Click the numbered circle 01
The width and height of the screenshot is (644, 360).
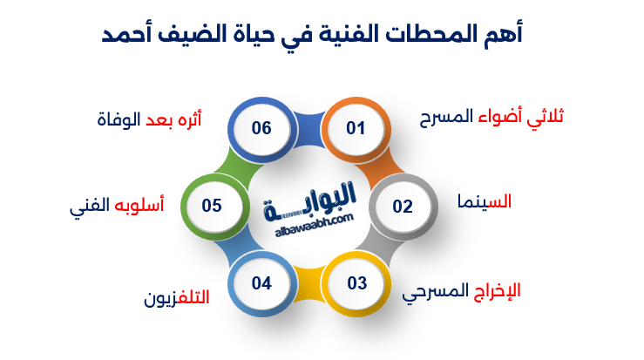[x=356, y=129]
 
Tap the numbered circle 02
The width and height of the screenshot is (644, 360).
[x=402, y=207]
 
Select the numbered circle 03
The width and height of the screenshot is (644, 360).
[x=356, y=283]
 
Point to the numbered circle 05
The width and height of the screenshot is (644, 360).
[x=212, y=207]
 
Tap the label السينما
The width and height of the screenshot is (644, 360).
[x=485, y=201]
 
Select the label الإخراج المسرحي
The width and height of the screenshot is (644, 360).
[x=461, y=290]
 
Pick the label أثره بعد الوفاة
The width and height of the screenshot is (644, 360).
[x=149, y=119]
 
